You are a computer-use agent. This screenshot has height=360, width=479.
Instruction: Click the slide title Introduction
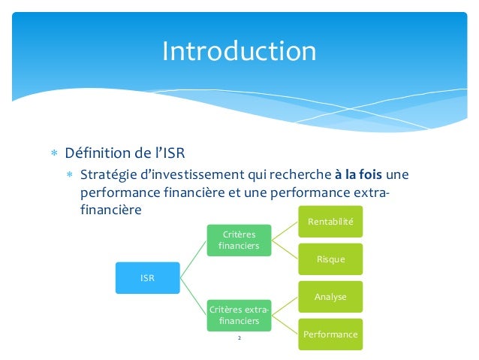(239, 51)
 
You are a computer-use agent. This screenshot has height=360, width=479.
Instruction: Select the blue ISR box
(147, 277)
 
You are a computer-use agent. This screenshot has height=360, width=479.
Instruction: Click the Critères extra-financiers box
(238, 315)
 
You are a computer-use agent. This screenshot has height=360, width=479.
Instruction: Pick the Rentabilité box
(331, 222)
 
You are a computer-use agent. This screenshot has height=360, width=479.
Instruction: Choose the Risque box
(331, 259)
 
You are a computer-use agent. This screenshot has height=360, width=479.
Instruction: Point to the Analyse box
(331, 296)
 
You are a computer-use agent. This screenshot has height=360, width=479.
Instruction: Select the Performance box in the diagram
(331, 333)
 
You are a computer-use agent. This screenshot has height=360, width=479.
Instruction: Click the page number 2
(239, 340)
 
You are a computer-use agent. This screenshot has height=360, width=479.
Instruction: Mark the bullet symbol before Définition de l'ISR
(53, 156)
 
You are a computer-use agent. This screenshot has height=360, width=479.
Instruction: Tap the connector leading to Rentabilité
(286, 231)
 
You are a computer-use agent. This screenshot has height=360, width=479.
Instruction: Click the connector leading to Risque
(286, 250)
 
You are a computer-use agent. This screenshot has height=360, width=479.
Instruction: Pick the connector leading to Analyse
(286, 305)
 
